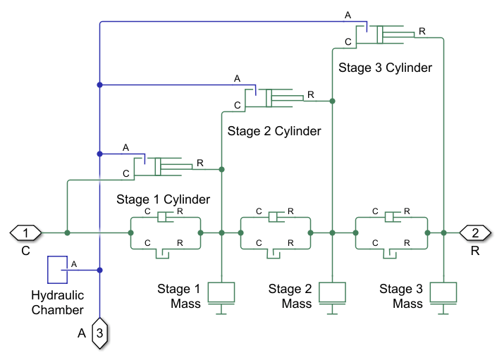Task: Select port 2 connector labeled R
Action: click(x=474, y=232)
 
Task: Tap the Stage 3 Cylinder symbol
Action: click(x=385, y=34)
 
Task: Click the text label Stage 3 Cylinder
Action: click(x=385, y=68)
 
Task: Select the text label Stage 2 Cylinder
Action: click(x=274, y=131)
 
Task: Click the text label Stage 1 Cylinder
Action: click(x=163, y=199)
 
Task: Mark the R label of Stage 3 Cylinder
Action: click(x=422, y=31)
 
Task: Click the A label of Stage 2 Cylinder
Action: click(x=238, y=77)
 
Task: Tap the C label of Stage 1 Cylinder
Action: click(x=126, y=173)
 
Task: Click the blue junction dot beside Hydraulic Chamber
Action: click(x=100, y=270)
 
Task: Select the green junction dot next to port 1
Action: click(x=67, y=232)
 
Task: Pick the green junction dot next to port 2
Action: click(x=443, y=232)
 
